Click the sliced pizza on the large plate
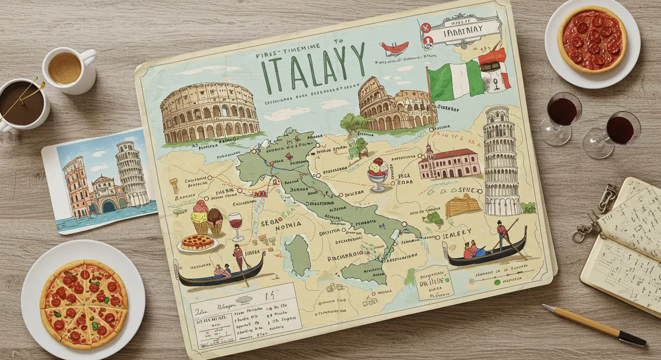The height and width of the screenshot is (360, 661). point(84,304)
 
